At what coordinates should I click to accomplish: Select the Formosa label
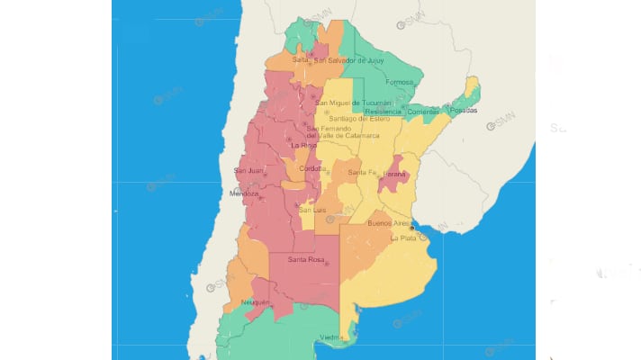tap(398, 81)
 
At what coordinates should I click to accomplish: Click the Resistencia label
tap(383, 111)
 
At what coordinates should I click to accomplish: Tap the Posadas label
tap(466, 111)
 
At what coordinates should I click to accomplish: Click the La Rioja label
tap(302, 145)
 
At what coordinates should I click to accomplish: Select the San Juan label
tap(248, 171)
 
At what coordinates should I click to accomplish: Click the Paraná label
tap(395, 172)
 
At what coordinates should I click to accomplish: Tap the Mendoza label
tap(244, 193)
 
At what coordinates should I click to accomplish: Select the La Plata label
tap(403, 238)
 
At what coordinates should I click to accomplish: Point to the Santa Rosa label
tap(303, 261)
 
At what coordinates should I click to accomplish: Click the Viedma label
tap(330, 338)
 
